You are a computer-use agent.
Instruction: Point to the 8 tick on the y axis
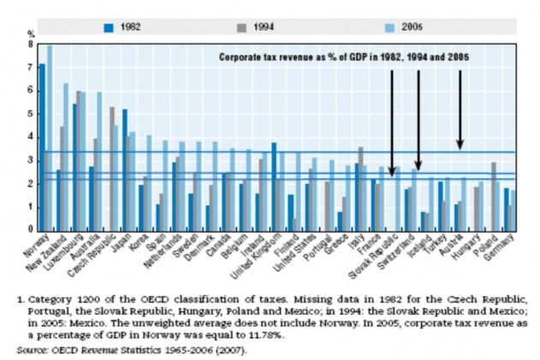30,44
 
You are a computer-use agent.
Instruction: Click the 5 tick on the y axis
30,114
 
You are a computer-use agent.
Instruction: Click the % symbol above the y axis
29,33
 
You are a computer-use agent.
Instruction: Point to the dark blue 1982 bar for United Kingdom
274,187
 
